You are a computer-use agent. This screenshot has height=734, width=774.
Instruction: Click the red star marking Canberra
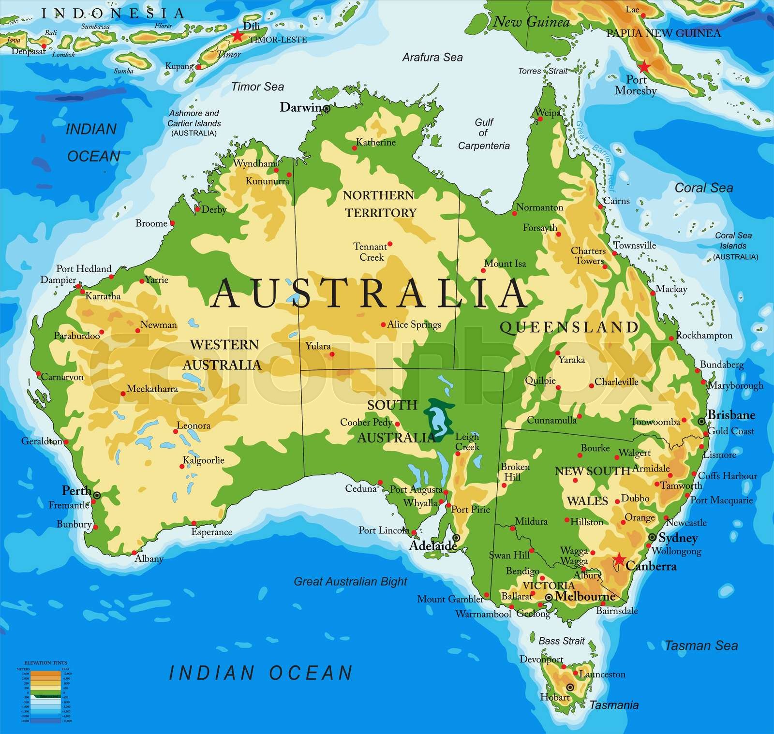tap(618, 560)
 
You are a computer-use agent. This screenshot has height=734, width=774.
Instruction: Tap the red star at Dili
tap(237, 35)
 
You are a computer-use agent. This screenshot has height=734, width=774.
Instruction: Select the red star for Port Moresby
tap(644, 67)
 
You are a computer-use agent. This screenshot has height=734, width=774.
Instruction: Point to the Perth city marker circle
tap(97, 495)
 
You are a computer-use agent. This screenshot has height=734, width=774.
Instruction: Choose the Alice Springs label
tap(414, 324)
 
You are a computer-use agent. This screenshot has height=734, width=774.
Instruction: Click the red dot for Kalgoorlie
tap(182, 467)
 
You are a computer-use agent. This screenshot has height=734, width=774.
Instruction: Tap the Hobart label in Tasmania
tap(555, 697)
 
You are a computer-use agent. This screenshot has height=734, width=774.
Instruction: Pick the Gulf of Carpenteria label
tap(484, 134)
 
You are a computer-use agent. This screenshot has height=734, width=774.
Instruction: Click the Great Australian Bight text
tap(351, 581)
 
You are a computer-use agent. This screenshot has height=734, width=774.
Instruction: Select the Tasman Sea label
tap(701, 645)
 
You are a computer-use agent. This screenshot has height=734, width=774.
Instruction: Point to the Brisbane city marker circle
tap(701, 422)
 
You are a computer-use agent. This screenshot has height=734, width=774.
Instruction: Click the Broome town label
tap(151, 223)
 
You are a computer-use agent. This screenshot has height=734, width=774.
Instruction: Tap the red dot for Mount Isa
tap(483, 271)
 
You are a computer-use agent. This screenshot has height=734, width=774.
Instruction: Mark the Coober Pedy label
tap(366, 422)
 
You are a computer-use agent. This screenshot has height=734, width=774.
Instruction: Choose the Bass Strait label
tap(562, 641)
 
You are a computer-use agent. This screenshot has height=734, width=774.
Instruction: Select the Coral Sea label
tap(704, 188)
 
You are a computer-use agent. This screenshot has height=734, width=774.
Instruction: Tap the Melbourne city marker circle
tap(548, 598)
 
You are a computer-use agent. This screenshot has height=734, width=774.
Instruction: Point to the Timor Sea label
tap(257, 87)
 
